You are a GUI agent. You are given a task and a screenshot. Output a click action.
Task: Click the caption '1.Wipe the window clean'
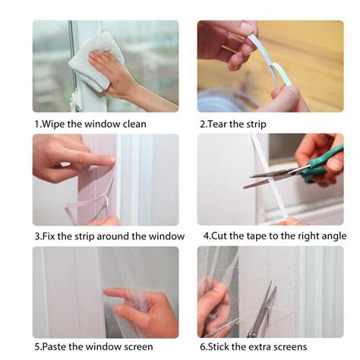click(x=90, y=123)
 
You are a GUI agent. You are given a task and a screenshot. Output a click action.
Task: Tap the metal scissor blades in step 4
click(x=270, y=179)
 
